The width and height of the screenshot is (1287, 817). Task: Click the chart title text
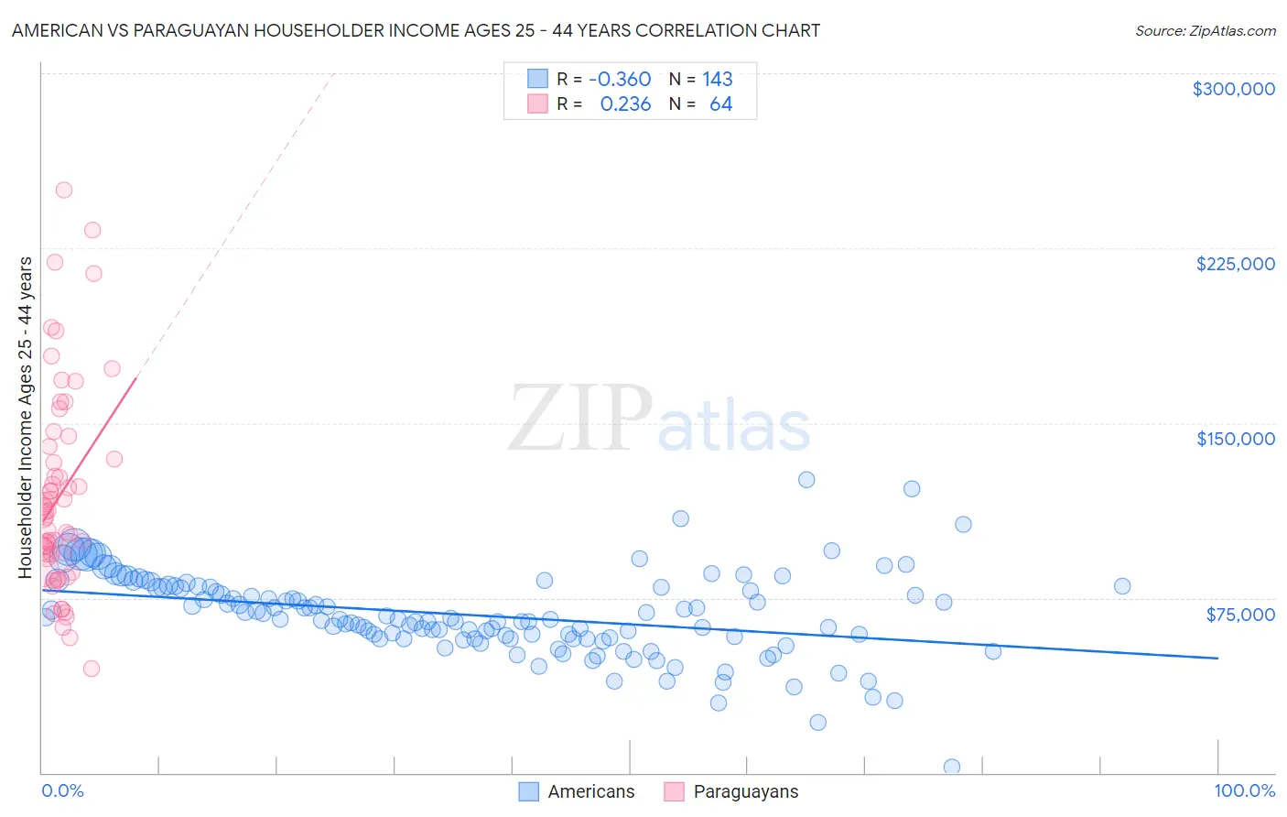click(x=416, y=30)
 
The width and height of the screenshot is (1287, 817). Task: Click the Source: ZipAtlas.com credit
click(x=1205, y=30)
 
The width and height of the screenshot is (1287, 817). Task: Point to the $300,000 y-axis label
click(x=1233, y=89)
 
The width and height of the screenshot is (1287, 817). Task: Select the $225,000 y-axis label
click(x=1235, y=264)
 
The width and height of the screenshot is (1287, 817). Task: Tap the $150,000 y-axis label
click(x=1235, y=439)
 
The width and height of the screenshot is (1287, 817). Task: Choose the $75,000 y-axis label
click(x=1240, y=614)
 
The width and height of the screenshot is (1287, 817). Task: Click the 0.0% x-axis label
click(x=62, y=790)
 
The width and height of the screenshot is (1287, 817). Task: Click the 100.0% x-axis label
click(x=1244, y=790)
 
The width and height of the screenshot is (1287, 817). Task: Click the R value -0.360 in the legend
click(x=620, y=80)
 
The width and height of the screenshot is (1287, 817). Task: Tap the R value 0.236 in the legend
click(x=625, y=104)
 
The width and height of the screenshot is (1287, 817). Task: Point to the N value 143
click(x=718, y=80)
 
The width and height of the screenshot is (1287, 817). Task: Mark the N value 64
click(x=720, y=104)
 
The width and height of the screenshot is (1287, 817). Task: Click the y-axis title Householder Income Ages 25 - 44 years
click(x=26, y=417)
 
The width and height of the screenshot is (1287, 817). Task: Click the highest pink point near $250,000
click(x=64, y=191)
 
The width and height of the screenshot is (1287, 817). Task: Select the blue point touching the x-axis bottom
click(x=952, y=767)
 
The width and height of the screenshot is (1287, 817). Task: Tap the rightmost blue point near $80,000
click(x=1122, y=586)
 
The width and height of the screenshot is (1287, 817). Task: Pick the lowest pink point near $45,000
click(x=92, y=669)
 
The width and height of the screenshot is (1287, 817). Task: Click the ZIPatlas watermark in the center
click(x=659, y=419)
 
